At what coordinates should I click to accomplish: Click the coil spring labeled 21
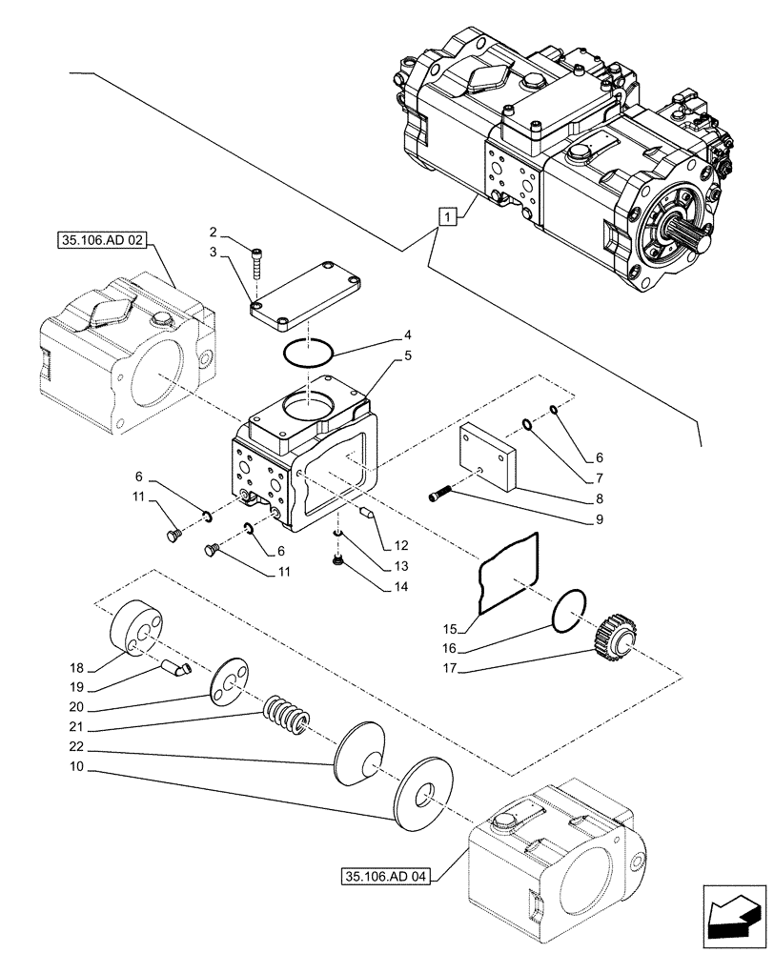click(284, 715)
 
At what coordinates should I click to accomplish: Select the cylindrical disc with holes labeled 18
click(138, 630)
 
